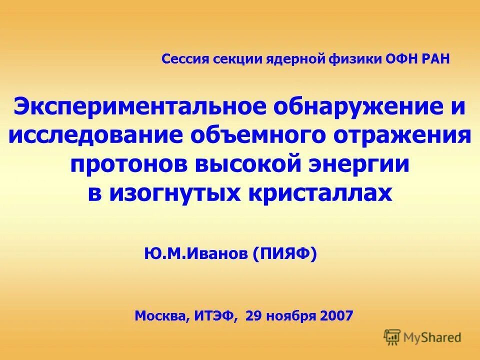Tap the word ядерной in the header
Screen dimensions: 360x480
301,59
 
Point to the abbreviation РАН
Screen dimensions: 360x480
434,59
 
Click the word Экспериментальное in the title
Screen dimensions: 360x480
135,107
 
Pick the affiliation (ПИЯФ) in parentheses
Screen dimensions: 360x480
285,254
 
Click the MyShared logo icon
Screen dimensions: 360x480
392,336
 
